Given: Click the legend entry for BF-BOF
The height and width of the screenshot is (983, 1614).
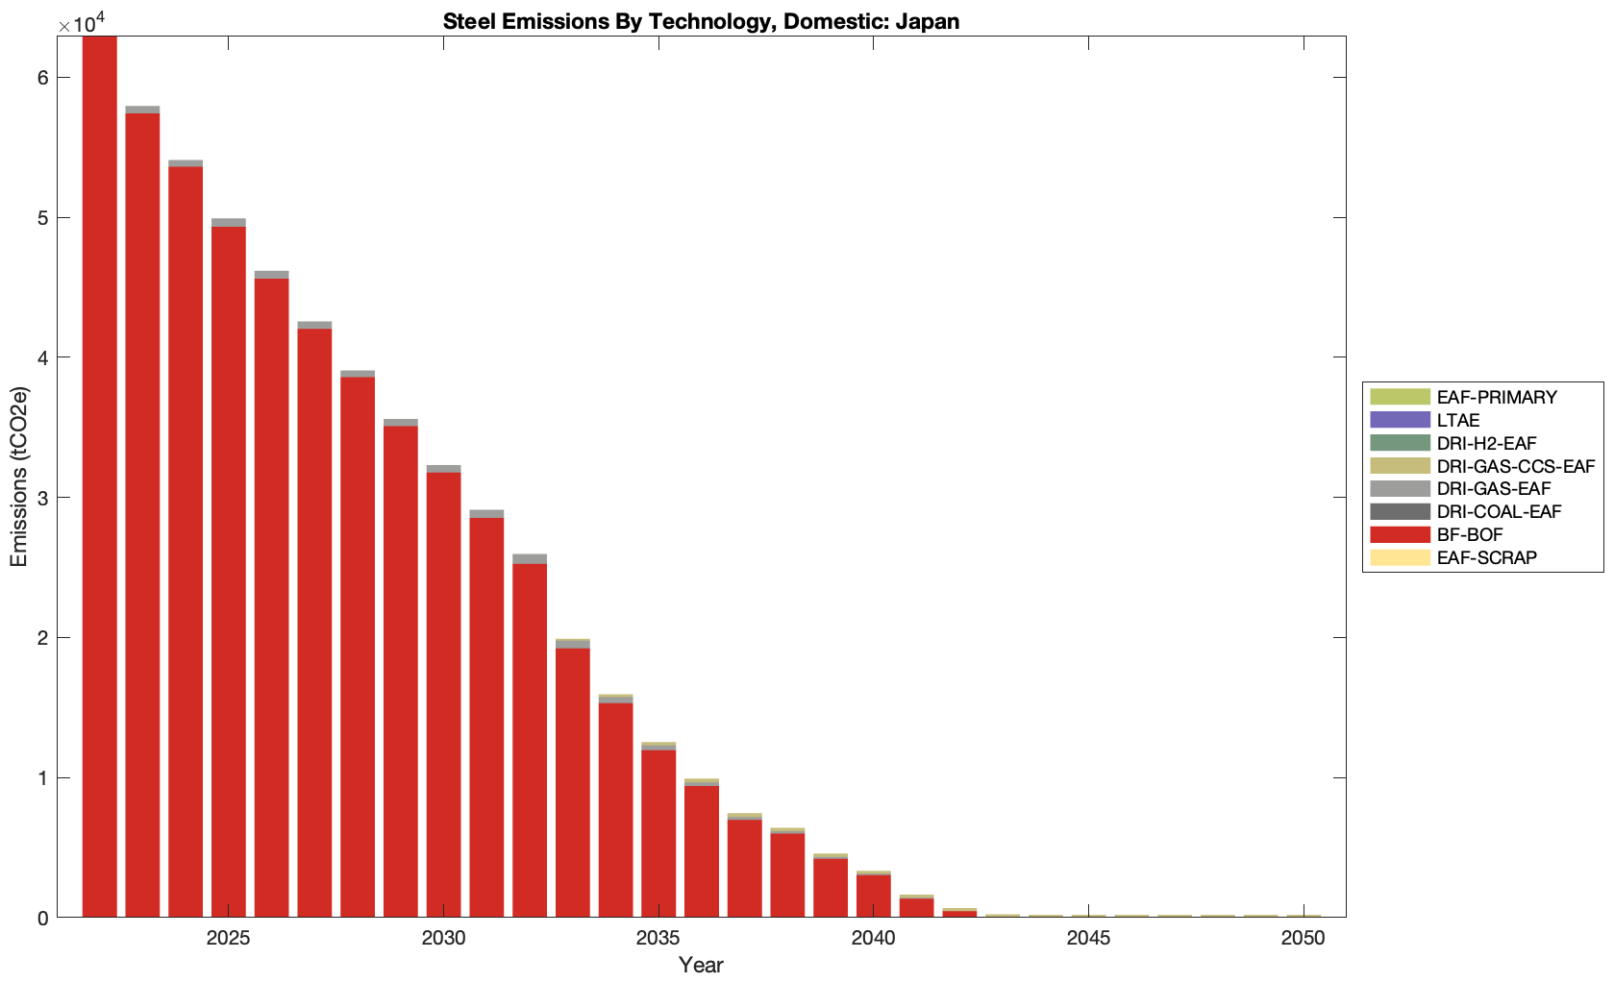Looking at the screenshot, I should point(1470,535).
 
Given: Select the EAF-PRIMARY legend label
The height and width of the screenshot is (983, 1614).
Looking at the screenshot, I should point(1497,398).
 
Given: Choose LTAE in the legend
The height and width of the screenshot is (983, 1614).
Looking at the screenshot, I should point(1458,421).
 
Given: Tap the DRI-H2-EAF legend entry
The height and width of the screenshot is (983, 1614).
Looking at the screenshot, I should point(1486,444).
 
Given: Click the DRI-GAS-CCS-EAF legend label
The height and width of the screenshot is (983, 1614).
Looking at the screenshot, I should point(1516,467).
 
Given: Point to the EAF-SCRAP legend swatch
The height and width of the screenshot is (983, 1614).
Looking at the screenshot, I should point(1400,558).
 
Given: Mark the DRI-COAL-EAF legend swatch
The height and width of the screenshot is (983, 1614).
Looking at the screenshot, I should point(1400,512).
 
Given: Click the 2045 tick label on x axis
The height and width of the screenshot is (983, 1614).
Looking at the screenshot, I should point(1088,938).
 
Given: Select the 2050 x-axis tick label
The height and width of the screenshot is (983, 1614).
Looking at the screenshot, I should point(1304,938).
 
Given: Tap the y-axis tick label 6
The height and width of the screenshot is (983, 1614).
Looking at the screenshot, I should point(43,78).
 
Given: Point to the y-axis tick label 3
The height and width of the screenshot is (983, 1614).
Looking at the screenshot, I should point(43,498).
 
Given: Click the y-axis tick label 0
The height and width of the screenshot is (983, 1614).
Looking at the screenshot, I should point(43,919).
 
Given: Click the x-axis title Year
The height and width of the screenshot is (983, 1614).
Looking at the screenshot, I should point(701,966).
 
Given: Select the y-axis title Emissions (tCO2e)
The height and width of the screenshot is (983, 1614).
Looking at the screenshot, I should point(19,477).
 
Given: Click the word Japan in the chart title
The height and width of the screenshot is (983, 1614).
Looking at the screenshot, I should point(928,21).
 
